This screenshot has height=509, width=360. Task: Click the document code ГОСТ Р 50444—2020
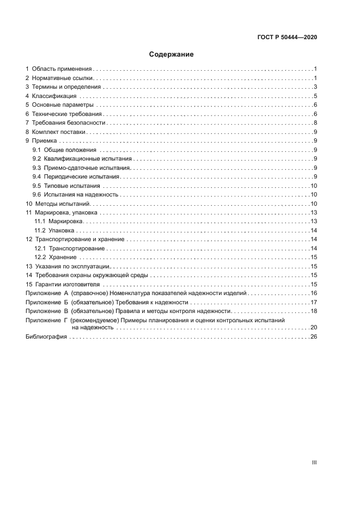pos(286,38)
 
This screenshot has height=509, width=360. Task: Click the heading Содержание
pos(172,54)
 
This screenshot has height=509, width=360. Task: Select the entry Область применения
pos(62,69)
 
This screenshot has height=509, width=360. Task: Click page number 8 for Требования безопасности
pos(315,122)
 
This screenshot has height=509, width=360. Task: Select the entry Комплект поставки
pos(59,132)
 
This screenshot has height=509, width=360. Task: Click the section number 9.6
pos(36,194)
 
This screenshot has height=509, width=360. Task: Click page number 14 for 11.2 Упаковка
pos(314,230)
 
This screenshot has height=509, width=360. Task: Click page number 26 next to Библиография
pos(314,337)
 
